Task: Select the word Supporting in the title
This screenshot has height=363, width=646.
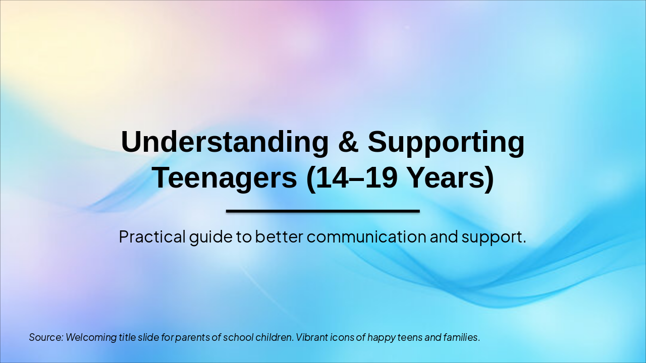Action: click(x=446, y=142)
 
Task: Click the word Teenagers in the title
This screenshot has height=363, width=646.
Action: click(x=225, y=177)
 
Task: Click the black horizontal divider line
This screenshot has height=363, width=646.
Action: click(x=323, y=211)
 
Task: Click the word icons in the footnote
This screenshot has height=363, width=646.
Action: click(x=342, y=337)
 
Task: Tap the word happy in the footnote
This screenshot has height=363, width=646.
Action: click(x=381, y=337)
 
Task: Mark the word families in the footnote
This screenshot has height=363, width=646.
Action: click(x=460, y=337)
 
